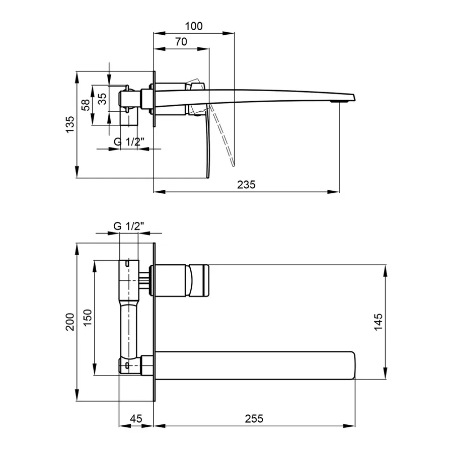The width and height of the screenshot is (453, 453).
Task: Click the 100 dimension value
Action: tap(194, 26)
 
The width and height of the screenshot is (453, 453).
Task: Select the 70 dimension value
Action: tap(181, 42)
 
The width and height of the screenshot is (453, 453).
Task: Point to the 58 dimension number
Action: tap(86, 105)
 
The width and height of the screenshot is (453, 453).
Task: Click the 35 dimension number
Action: tap(102, 99)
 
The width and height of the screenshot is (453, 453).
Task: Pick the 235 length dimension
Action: tap(247, 185)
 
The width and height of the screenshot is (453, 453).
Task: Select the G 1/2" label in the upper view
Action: tap(129, 142)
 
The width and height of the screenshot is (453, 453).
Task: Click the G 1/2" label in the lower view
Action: tap(129, 226)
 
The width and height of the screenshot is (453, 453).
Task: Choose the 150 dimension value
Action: tap(86, 318)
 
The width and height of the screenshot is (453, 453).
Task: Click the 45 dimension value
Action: tap(136, 418)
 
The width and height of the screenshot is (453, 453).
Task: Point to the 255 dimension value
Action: tap(254, 418)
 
